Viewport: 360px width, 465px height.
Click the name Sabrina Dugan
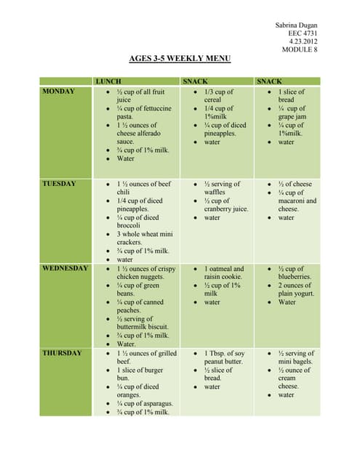point(296,25)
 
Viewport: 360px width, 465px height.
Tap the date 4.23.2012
point(303,41)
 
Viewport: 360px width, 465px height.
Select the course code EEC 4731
point(303,33)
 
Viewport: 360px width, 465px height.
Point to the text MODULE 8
point(300,49)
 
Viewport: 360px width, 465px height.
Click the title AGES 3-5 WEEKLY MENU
point(180,58)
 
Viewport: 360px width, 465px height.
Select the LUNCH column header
point(108,81)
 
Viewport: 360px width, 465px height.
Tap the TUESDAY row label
point(59,184)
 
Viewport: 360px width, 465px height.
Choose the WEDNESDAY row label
point(65,268)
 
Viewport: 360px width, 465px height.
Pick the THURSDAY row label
point(62,353)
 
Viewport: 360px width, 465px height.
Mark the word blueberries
point(294,277)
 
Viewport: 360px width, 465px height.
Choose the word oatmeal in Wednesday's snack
point(225,269)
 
